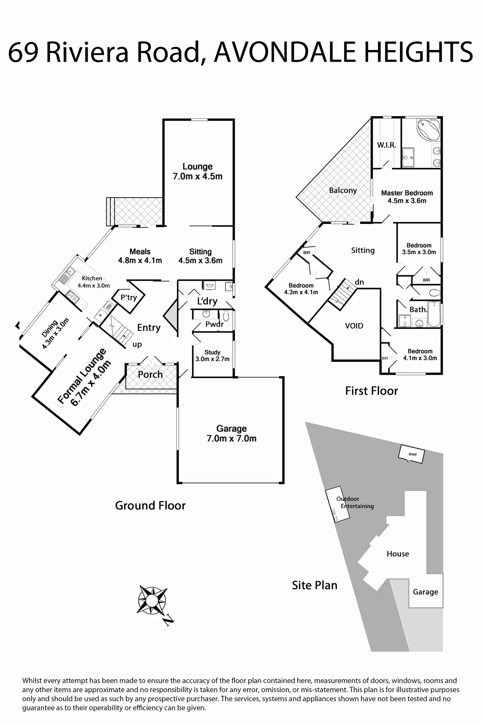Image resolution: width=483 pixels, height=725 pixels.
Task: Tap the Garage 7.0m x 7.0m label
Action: point(231,433)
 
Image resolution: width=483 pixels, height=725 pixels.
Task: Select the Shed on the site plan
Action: point(411,454)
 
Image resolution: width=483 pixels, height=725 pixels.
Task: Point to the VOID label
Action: point(354,326)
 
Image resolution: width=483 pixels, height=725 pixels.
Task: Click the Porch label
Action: point(150,374)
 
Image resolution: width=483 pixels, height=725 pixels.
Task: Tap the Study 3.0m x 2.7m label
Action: point(212,355)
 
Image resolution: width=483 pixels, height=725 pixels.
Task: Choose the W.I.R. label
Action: point(386,145)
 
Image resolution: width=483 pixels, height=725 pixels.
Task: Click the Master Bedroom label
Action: point(407,193)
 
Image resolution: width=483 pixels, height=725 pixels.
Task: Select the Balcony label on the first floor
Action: point(343,190)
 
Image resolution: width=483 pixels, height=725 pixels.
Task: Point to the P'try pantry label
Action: point(129,298)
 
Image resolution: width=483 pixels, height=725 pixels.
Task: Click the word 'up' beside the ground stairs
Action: point(137,345)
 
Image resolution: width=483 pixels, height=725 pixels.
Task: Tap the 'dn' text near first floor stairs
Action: point(359,282)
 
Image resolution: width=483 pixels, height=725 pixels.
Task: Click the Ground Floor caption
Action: point(150,505)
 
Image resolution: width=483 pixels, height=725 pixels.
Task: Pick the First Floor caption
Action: point(371,391)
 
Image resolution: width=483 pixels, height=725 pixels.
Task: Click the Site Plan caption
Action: point(315,585)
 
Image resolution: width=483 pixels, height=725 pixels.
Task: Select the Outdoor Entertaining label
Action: point(355,502)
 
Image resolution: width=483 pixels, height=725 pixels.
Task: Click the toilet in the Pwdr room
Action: point(226,316)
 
